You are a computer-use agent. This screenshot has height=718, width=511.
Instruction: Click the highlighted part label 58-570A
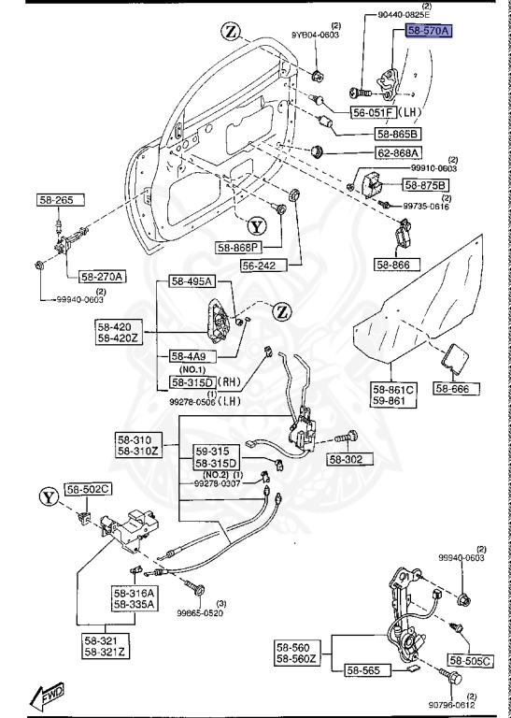[x=428, y=31]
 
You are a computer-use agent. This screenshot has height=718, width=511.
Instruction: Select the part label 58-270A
[x=102, y=276]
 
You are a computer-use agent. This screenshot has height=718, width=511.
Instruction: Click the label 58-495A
[x=192, y=281]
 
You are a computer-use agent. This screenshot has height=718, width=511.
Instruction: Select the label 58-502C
[x=87, y=488]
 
